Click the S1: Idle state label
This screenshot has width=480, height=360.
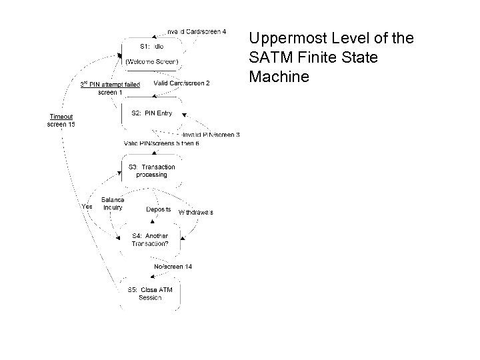(151, 47)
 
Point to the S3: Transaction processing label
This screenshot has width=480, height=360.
(151, 171)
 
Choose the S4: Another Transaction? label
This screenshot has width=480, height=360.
(150, 239)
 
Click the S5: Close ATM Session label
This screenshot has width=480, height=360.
(150, 293)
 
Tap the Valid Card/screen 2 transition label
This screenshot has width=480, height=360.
(181, 83)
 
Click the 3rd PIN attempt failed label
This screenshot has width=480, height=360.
(110, 85)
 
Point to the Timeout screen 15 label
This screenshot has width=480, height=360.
(61, 119)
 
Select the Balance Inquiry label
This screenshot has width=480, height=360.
(113, 203)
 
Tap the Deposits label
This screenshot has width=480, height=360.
(159, 209)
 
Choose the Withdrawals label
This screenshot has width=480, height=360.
(195, 212)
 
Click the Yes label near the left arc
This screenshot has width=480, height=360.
(87, 206)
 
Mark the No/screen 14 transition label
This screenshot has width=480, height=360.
(173, 267)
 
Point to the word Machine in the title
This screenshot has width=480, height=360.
(279, 77)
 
